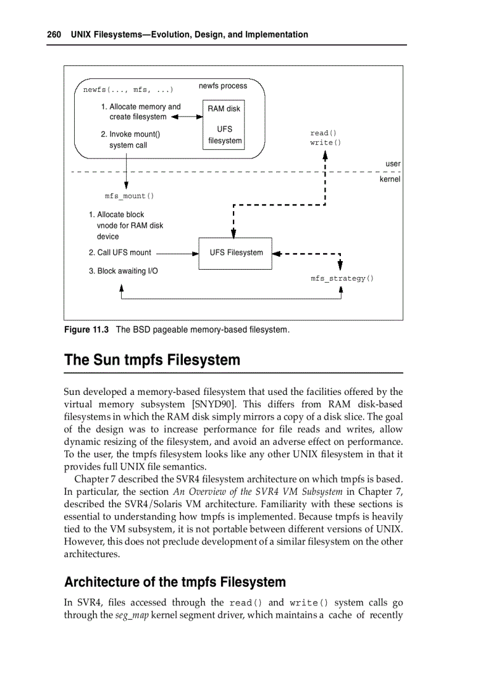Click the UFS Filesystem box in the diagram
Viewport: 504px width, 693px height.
pyautogui.click(x=235, y=253)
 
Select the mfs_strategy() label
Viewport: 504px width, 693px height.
pyautogui.click(x=342, y=279)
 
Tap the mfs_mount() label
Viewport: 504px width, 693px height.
pyautogui.click(x=129, y=196)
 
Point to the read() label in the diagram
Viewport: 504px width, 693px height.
pyautogui.click(x=323, y=133)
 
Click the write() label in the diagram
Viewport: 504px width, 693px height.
pyautogui.click(x=325, y=143)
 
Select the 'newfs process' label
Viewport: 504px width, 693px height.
pyautogui.click(x=222, y=86)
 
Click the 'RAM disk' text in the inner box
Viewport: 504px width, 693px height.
pyautogui.click(x=224, y=109)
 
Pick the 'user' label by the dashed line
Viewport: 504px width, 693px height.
pyautogui.click(x=393, y=164)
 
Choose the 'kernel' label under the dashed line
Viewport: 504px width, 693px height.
pyautogui.click(x=390, y=180)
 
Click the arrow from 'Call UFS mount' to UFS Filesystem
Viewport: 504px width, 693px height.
pyautogui.click(x=176, y=253)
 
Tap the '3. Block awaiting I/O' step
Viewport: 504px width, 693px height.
pyautogui.click(x=123, y=271)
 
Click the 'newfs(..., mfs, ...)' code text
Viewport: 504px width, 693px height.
pyautogui.click(x=128, y=90)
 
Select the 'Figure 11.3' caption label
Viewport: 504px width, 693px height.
pyautogui.click(x=86, y=330)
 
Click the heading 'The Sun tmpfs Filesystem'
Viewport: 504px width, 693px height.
pyautogui.click(x=152, y=360)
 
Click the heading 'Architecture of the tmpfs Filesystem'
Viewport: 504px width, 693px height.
pyautogui.click(x=175, y=583)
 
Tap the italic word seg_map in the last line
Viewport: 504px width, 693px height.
pyautogui.click(x=132, y=616)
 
